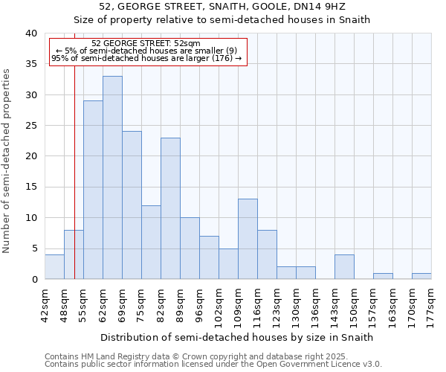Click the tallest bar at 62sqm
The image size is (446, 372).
112,178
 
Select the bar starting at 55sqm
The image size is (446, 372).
93,190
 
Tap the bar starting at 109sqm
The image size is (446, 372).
248,239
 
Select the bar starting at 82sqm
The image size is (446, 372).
170,208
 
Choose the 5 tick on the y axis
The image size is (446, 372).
34,248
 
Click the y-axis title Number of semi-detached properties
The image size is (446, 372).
7,161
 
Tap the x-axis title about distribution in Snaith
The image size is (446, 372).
236,337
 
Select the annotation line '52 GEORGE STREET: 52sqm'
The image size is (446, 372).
146,44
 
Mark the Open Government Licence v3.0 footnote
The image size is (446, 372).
213,364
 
